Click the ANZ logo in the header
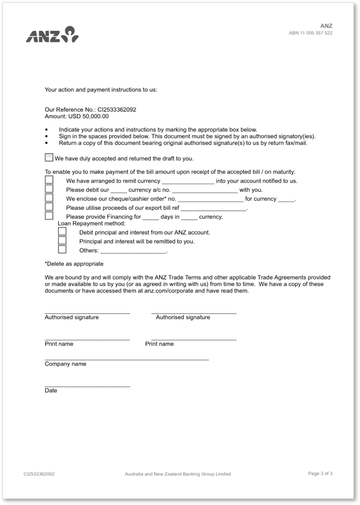[x=52, y=35]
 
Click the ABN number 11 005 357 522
[x=310, y=33]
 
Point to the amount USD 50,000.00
[x=89, y=116]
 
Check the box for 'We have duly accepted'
[x=49, y=158]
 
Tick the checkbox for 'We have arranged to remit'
[x=49, y=180]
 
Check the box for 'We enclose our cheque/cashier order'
[x=49, y=198]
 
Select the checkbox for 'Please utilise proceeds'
[x=49, y=207]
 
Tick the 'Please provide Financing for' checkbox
[x=49, y=216]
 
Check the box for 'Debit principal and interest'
[x=62, y=232]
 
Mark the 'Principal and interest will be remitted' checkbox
[x=62, y=241]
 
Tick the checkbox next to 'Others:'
[x=62, y=249]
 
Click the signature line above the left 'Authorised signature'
[x=87, y=312]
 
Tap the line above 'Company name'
[x=127, y=359]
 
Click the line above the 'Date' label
[x=87, y=386]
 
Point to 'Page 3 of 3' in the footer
[x=320, y=473]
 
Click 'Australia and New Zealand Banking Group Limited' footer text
[x=178, y=474]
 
